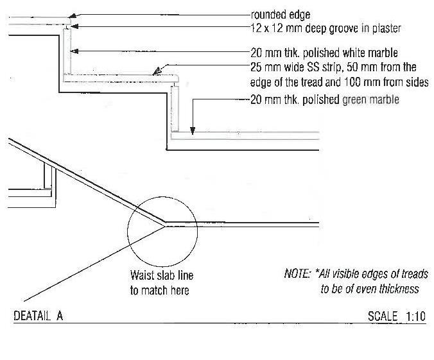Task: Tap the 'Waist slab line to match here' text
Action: [x=161, y=283]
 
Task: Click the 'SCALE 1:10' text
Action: [x=395, y=316]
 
